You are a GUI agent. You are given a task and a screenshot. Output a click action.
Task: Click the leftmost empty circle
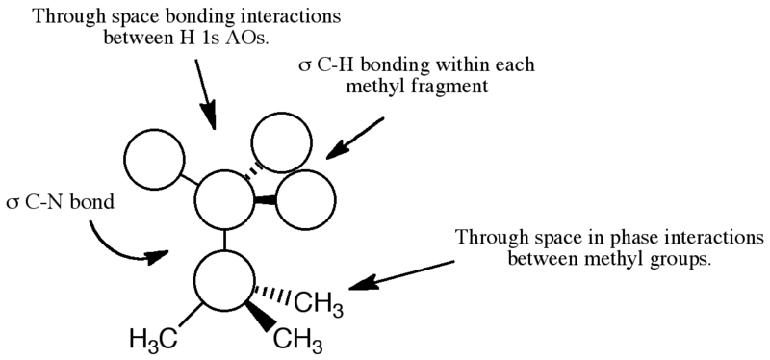[x=156, y=157]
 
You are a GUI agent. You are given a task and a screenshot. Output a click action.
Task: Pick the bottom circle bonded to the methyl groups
[x=223, y=278]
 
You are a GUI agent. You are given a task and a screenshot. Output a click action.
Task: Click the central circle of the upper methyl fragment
[x=224, y=200]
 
